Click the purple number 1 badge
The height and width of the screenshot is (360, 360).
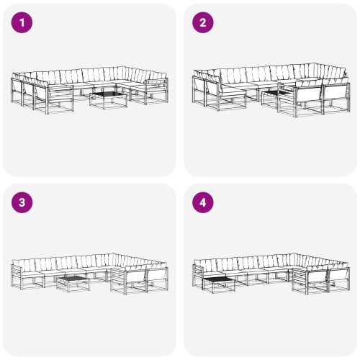pyautogui.click(x=22, y=22)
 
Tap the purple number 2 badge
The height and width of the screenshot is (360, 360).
pyautogui.click(x=202, y=22)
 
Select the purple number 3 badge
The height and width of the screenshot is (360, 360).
pyautogui.click(x=22, y=202)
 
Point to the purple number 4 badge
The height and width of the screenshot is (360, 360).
pyautogui.click(x=202, y=202)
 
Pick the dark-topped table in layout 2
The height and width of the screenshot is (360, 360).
pyautogui.click(x=273, y=96)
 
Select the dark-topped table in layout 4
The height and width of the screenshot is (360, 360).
pyautogui.click(x=219, y=281)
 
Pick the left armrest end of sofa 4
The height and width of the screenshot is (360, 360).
pyautogui.click(x=196, y=272)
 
